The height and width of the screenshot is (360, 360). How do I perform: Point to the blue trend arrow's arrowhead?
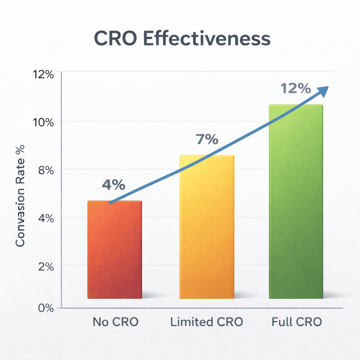click(x=323, y=90)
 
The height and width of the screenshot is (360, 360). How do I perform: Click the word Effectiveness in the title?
click(x=208, y=39)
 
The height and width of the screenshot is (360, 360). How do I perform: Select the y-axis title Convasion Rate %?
click(x=21, y=196)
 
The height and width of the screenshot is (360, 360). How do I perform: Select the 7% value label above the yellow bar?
click(x=207, y=140)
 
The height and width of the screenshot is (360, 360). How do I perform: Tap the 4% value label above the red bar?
click(x=114, y=185)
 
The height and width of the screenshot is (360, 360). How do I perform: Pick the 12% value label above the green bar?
click(x=296, y=89)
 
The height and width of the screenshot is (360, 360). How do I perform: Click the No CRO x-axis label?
click(x=116, y=322)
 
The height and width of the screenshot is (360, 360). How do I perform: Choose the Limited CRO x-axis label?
click(x=207, y=322)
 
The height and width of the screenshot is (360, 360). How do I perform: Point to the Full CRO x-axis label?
click(x=297, y=322)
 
